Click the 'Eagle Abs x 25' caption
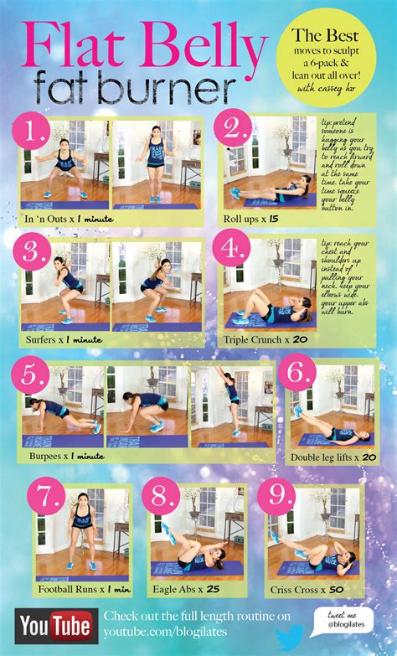(190, 589)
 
